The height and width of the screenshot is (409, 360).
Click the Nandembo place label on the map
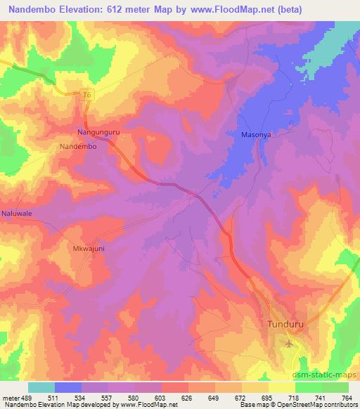click(x=77, y=146)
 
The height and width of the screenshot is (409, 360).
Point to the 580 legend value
click(x=122, y=397)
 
